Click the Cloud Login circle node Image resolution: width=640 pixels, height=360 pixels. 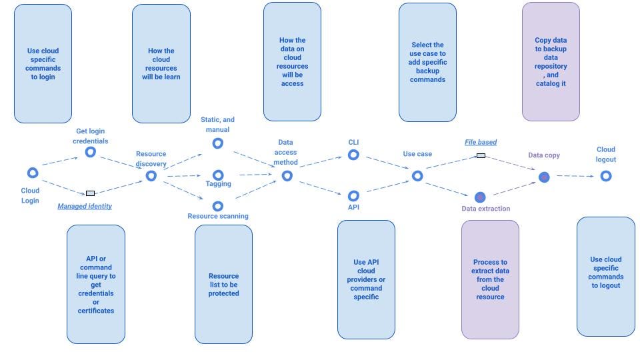point(32,173)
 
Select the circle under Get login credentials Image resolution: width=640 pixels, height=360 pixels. point(91,153)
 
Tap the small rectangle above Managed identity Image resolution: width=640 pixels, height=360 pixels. point(91,193)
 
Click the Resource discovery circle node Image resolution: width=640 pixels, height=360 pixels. point(151,176)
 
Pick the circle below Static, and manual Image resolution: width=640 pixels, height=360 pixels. point(217,143)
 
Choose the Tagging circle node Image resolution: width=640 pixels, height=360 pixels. point(217,175)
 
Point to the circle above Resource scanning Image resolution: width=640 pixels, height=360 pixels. point(217,206)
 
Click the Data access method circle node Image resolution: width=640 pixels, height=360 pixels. point(287,176)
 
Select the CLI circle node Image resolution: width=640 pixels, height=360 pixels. point(353,155)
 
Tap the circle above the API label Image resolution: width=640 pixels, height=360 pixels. point(353,196)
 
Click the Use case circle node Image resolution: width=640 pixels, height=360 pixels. point(417,176)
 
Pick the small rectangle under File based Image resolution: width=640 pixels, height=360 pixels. point(481,155)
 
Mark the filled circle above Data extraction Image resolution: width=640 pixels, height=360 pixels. point(480,197)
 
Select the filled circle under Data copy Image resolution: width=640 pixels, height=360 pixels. point(544,177)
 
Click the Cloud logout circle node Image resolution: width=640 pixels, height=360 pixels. point(605,176)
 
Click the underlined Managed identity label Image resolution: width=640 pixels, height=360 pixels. point(85,207)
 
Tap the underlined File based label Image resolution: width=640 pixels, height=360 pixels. point(481,142)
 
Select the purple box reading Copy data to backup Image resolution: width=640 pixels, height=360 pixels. point(551,61)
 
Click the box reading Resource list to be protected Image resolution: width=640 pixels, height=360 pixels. point(223,284)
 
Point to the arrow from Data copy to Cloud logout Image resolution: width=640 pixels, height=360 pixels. point(574,176)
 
